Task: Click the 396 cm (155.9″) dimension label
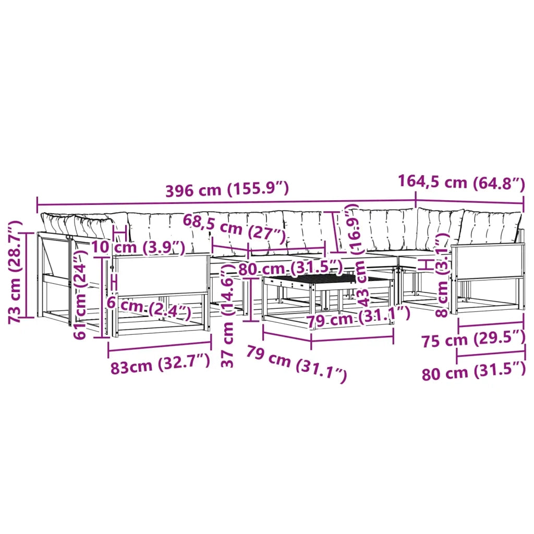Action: click(227, 189)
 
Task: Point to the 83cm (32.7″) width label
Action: click(160, 365)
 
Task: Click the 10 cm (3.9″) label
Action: click(138, 247)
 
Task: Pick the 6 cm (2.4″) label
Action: click(149, 307)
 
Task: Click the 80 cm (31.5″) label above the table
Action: click(290, 268)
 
